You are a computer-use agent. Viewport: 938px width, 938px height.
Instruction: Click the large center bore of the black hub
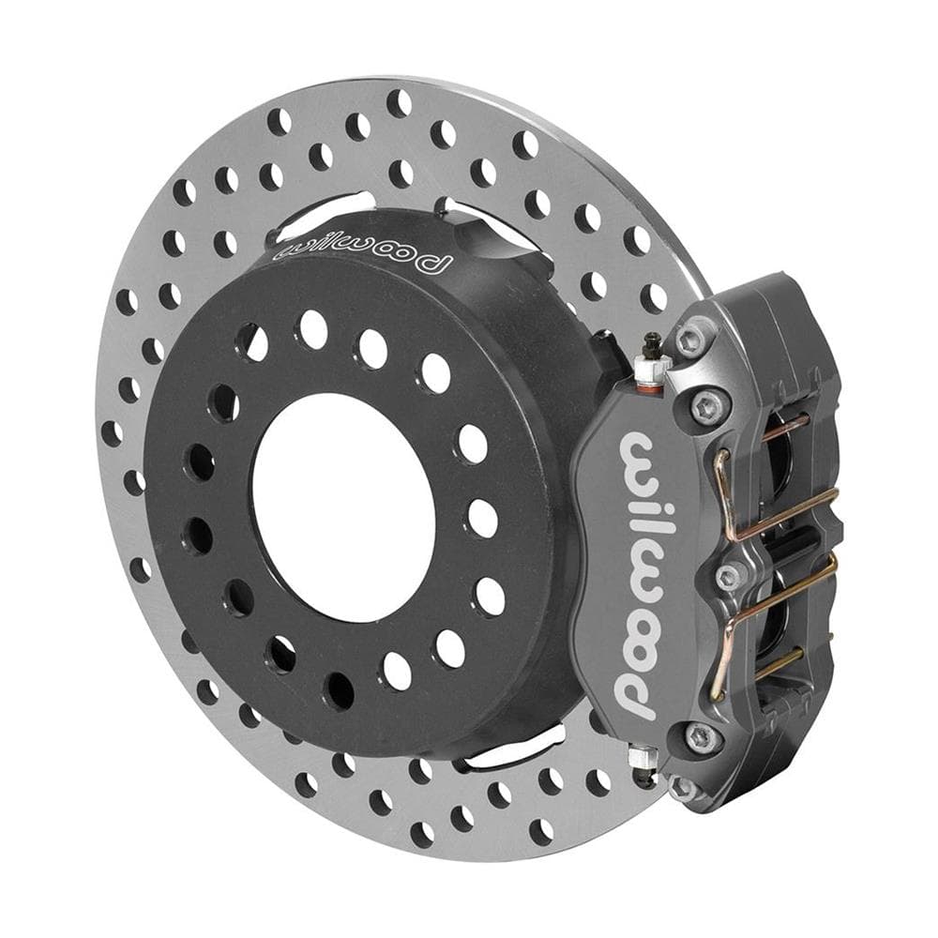click(343, 507)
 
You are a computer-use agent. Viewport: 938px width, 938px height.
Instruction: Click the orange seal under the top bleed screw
click(650, 390)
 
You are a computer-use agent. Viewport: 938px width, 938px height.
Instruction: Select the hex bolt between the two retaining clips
click(728, 577)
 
